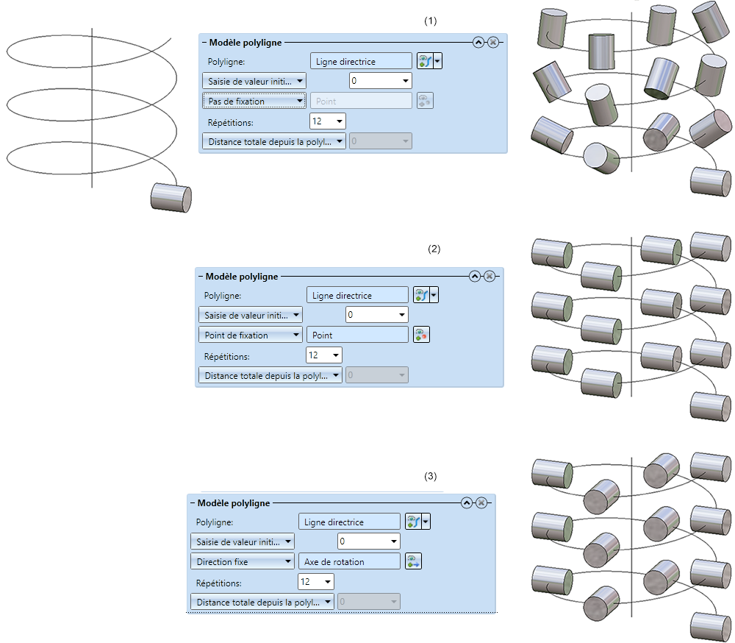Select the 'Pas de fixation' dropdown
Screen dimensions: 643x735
point(254,101)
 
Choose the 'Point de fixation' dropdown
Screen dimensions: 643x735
point(250,335)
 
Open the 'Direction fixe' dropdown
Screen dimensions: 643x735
point(242,561)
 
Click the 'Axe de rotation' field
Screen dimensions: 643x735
point(349,561)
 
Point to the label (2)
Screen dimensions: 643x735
point(434,249)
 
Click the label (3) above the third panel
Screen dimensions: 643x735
point(431,476)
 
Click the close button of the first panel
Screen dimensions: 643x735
point(493,43)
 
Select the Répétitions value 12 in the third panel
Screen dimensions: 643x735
point(312,582)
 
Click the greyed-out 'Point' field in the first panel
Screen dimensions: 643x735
point(361,101)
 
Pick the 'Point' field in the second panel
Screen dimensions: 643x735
point(356,335)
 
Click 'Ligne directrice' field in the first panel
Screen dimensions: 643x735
point(361,62)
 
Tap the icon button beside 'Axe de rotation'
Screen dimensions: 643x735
point(413,561)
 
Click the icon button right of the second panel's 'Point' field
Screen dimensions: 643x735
point(421,335)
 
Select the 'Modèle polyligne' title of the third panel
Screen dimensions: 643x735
point(234,503)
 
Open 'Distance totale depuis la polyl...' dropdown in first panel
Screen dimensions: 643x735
point(273,141)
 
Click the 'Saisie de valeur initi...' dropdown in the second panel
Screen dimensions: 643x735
point(250,315)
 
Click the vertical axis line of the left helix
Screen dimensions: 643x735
point(91,110)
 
